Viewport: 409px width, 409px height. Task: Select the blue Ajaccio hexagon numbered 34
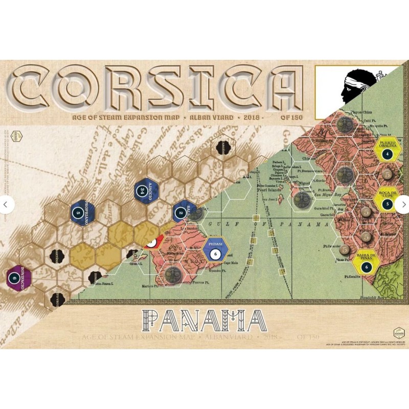click(x=143, y=190)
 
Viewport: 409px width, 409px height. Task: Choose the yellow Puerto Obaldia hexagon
click(x=388, y=150)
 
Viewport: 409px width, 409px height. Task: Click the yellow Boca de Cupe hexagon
click(x=388, y=201)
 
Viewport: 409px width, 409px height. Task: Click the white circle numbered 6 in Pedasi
click(x=215, y=253)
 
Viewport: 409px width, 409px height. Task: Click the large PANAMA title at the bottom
click(x=204, y=321)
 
